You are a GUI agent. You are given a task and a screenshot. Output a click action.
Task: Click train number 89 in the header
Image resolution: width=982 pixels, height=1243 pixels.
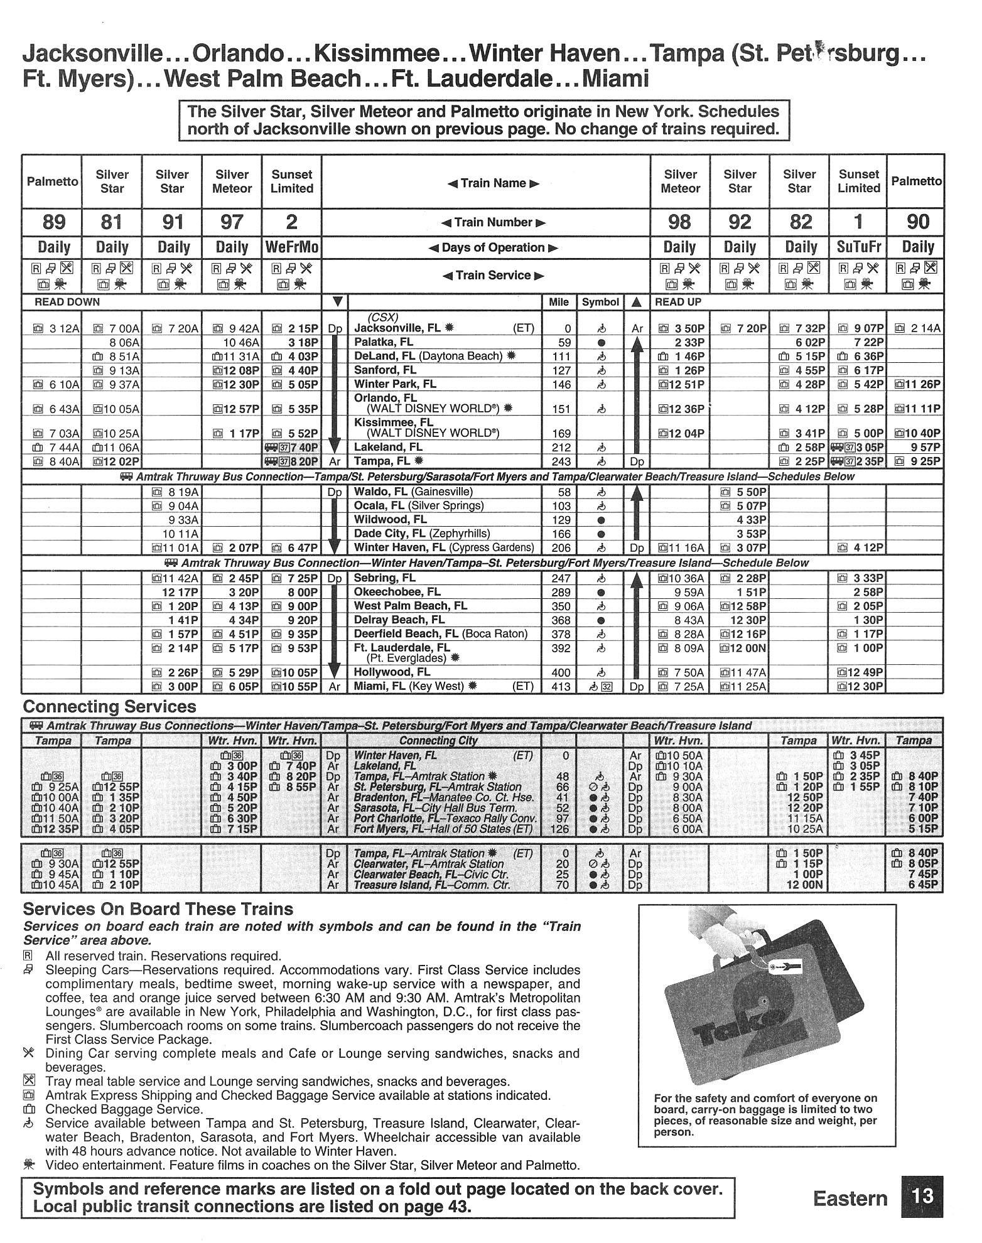[51, 222]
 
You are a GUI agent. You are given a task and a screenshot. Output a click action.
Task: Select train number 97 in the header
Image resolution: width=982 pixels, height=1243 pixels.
[232, 222]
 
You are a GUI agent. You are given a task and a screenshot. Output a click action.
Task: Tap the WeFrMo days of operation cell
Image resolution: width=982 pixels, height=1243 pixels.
[291, 247]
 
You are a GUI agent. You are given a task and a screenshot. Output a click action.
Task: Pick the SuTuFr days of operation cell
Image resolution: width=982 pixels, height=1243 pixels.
[858, 247]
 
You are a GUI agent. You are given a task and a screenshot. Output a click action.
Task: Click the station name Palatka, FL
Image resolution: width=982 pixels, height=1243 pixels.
[384, 342]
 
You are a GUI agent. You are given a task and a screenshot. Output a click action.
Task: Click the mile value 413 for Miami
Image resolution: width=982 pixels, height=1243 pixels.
[560, 687]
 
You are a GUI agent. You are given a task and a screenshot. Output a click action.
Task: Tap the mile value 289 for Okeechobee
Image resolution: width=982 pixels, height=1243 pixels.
[560, 592]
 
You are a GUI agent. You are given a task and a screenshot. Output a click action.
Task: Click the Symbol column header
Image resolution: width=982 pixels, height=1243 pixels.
[600, 302]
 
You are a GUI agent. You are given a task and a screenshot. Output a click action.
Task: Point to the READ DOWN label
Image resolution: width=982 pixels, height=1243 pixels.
[67, 302]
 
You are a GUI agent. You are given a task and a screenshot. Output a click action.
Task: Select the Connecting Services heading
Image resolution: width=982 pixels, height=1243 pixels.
[109, 707]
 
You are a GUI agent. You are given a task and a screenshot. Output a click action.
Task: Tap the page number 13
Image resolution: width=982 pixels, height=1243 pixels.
[921, 1196]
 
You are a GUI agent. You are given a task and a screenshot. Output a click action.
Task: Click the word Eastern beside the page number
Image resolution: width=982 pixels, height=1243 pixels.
[850, 1198]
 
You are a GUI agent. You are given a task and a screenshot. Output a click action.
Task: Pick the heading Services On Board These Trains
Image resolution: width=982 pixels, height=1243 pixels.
[158, 909]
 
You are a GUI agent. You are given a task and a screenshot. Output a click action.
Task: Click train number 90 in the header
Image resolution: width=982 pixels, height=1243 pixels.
[917, 222]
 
